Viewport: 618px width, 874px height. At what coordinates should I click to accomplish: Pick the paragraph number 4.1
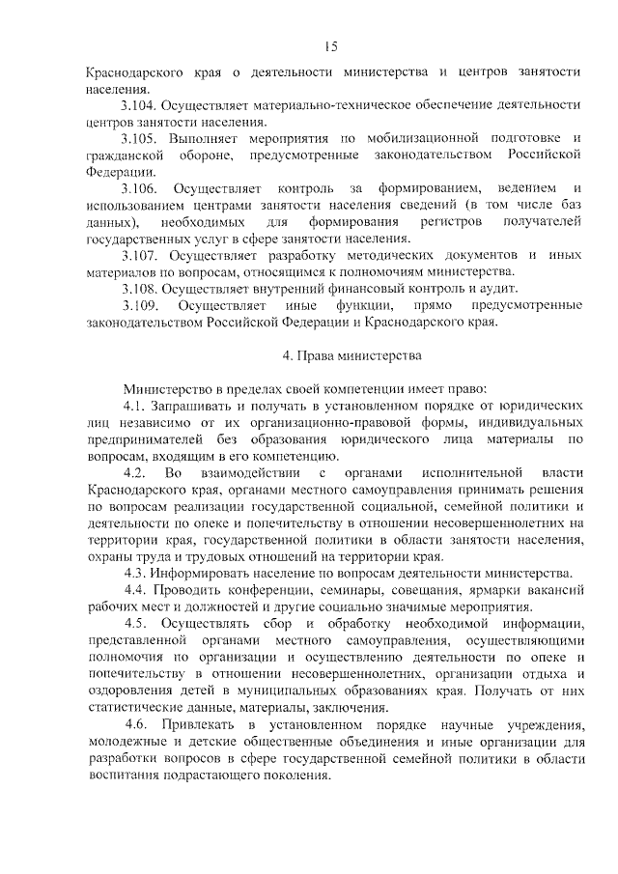coord(133,406)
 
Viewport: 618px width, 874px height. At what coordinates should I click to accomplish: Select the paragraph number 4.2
coord(135,473)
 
